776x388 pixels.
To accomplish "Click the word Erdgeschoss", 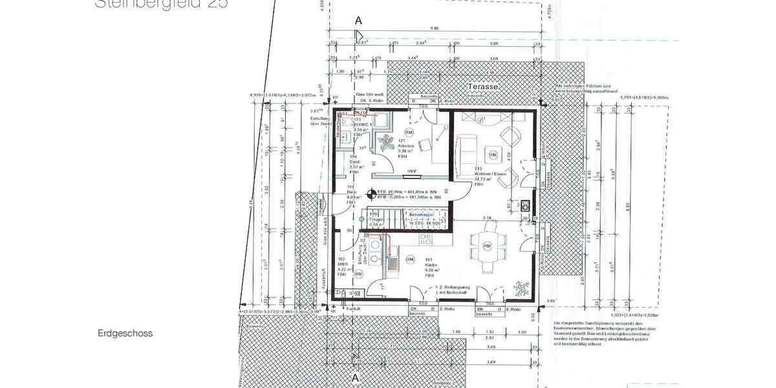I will tap(125, 334).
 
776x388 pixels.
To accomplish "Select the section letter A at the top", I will tap(358, 21).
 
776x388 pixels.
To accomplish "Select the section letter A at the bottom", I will tap(354, 376).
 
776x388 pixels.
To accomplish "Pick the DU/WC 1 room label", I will tap(360, 125).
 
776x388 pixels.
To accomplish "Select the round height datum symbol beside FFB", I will tap(371, 193).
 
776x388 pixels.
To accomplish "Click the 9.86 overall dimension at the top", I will tap(434, 28).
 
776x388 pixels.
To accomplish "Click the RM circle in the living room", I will tap(493, 155).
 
